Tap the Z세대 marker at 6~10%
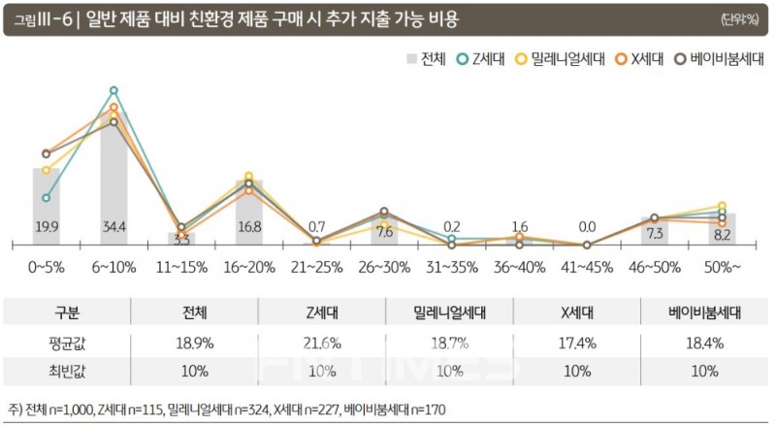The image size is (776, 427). click(114, 90)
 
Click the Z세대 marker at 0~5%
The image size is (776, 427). click(46, 197)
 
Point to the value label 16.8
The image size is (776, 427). click(249, 227)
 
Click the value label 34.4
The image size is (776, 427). click(114, 227)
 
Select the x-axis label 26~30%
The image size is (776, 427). click(384, 264)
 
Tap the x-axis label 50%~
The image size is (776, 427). click(722, 264)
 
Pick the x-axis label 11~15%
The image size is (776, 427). click(181, 264)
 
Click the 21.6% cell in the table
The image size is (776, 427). click(321, 344)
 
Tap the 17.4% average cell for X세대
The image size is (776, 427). click(577, 344)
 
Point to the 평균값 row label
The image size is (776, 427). click(66, 344)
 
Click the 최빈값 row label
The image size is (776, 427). click(66, 371)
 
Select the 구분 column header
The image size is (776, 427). click(66, 313)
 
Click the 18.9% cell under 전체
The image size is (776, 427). click(194, 344)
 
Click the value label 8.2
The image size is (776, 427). click(722, 234)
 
